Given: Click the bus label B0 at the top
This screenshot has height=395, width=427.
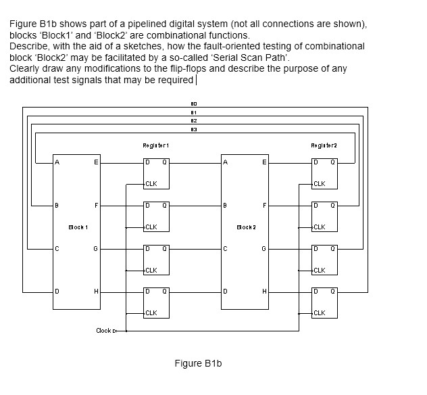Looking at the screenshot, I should click(x=193, y=103).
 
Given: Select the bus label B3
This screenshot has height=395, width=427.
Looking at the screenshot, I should click(x=193, y=128).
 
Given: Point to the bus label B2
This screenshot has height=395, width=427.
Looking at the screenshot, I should click(x=193, y=120).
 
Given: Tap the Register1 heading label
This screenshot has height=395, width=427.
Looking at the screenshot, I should click(x=155, y=145).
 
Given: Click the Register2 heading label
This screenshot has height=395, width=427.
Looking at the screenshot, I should click(x=324, y=145).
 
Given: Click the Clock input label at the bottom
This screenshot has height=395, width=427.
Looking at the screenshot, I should click(x=103, y=331).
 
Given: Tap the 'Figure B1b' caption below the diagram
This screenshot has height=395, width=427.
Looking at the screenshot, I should click(x=198, y=364).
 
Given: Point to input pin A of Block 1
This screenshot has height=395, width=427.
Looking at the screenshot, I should click(x=58, y=162).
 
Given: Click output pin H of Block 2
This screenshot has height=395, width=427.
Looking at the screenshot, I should click(x=264, y=292).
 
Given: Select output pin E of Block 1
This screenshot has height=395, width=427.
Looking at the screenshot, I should click(x=96, y=162).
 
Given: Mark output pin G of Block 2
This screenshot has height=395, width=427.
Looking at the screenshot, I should click(x=264, y=249).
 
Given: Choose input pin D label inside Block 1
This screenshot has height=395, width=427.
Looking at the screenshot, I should click(x=58, y=292).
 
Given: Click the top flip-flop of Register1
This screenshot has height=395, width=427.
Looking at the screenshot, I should click(x=155, y=173).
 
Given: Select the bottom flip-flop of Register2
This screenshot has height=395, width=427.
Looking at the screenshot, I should click(x=324, y=303).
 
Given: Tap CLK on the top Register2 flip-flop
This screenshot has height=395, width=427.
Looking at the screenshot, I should click(x=320, y=184).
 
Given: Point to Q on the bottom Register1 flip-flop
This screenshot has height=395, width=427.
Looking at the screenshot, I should click(x=164, y=292).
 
